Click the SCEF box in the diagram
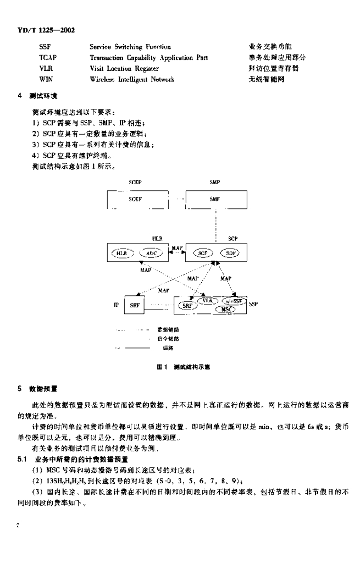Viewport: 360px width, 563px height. tap(135, 200)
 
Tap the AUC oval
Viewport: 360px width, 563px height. tap(152, 253)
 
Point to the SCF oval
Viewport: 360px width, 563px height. tap(203, 253)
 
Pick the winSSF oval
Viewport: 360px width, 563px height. tap(236, 301)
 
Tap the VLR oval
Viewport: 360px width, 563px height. tap(207, 301)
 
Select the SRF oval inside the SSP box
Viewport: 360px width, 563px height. tap(186, 305)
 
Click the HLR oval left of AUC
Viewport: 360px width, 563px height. tap(121, 253)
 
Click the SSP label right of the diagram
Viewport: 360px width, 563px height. tap(253, 303)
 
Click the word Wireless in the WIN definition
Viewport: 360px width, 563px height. tap(102, 80)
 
